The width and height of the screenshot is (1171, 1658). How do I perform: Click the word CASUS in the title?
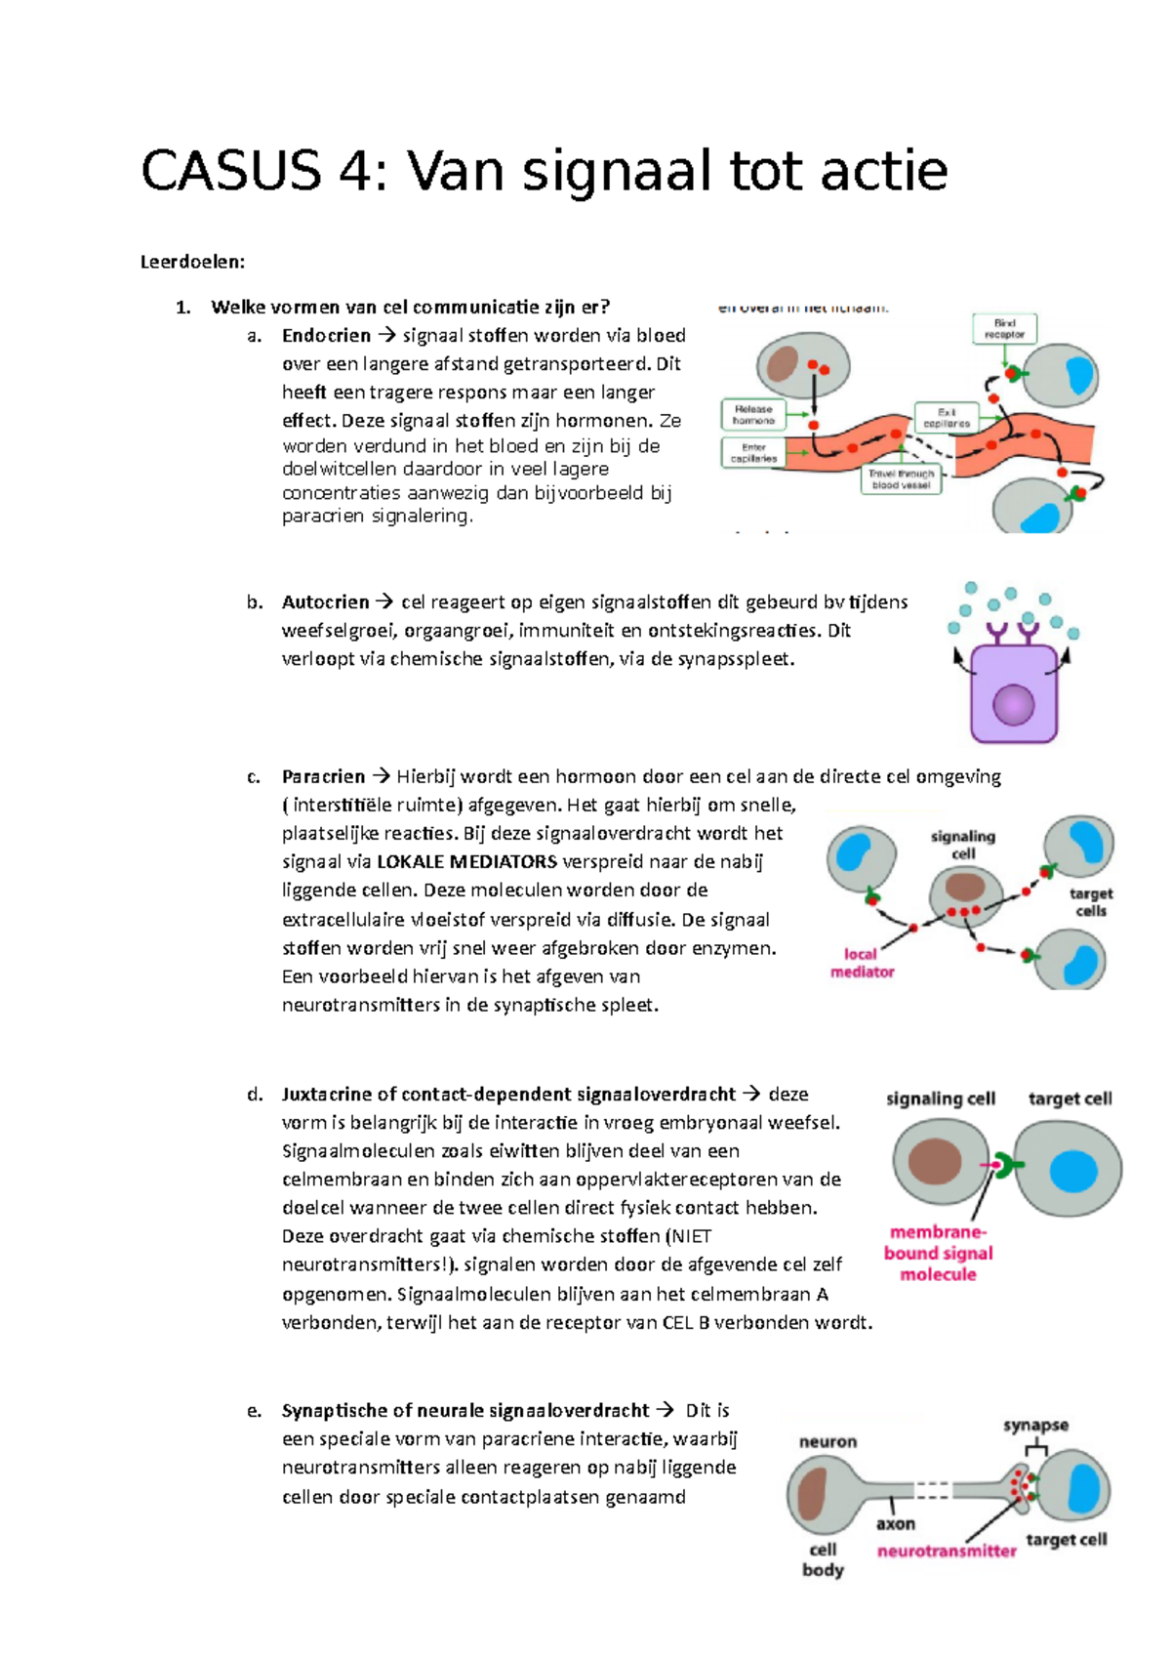pos(230,171)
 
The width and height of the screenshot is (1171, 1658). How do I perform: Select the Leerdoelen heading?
pos(192,262)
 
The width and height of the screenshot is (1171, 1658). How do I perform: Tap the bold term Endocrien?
pos(326,336)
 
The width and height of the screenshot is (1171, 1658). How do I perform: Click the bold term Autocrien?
pos(325,602)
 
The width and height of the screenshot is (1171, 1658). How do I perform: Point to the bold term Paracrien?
pos(323,777)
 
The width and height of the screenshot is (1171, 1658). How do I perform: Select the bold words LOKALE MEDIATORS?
pos(466,862)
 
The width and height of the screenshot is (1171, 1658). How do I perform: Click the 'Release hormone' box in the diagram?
pos(753,415)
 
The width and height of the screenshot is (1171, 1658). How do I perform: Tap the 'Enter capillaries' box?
pos(753,453)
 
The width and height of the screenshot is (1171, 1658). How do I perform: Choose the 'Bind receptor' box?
pos(1004,328)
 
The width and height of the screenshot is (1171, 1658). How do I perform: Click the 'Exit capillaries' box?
pos(947,418)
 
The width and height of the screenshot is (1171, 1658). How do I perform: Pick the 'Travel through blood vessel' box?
pos(901,478)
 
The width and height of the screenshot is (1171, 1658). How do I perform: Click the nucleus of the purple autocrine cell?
pos(1013,704)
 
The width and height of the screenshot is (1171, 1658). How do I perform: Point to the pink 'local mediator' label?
pos(862,963)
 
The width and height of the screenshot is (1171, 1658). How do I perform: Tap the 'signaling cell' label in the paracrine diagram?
pos(963,845)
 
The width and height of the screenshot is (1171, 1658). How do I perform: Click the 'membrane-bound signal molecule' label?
pos(938,1253)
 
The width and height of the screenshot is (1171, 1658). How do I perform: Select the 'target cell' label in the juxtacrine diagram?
pos(1070,1098)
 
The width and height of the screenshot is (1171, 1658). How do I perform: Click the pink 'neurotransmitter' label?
pos(947,1551)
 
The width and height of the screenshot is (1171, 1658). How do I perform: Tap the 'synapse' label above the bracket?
pos(1035,1426)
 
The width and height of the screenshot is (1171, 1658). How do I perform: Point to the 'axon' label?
pos(895,1523)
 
